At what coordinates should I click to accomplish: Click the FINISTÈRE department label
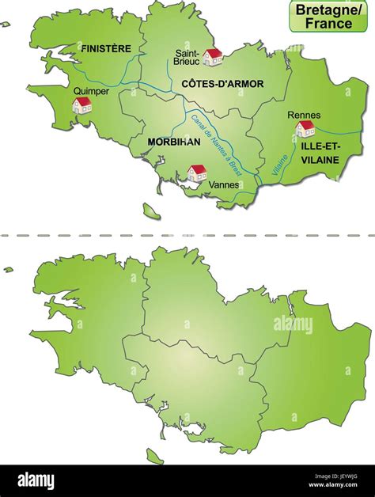106,48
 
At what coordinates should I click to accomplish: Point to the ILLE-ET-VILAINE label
320,154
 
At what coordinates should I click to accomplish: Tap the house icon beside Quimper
82,105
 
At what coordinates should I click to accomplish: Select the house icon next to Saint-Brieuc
212,56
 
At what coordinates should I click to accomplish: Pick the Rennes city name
304,115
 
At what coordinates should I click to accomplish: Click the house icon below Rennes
305,129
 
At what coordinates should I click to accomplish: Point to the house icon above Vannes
196,173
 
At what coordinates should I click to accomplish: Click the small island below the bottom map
154,456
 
